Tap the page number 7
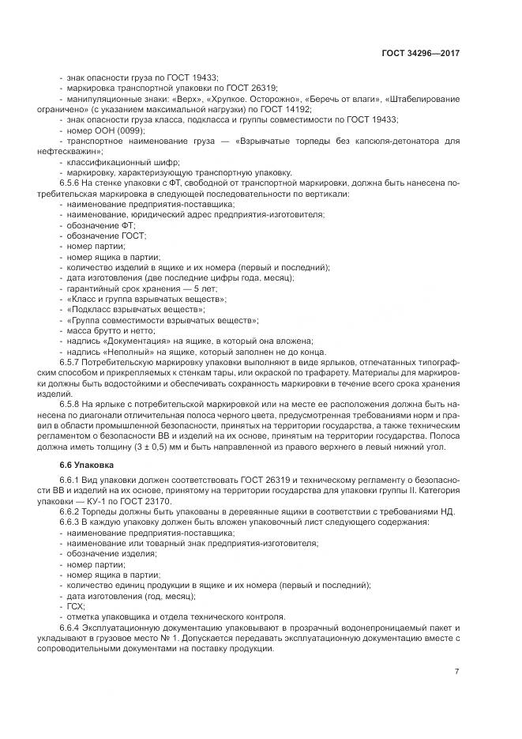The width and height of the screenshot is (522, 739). click(x=456, y=671)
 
